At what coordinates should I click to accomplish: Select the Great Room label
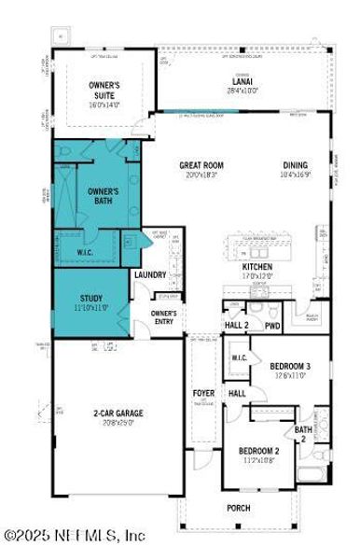(x=201, y=165)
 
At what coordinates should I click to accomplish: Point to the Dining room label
(x=295, y=165)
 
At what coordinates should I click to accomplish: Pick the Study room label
(x=91, y=299)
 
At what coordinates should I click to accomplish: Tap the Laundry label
(x=150, y=274)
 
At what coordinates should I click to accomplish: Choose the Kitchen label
(x=257, y=266)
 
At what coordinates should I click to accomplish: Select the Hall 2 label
(x=235, y=325)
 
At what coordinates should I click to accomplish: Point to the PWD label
(x=272, y=326)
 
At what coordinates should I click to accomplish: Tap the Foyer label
(x=203, y=393)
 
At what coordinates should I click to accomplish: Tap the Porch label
(x=239, y=509)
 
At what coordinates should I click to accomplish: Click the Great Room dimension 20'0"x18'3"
(x=201, y=175)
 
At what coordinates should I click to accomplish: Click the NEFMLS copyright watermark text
(x=75, y=536)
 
